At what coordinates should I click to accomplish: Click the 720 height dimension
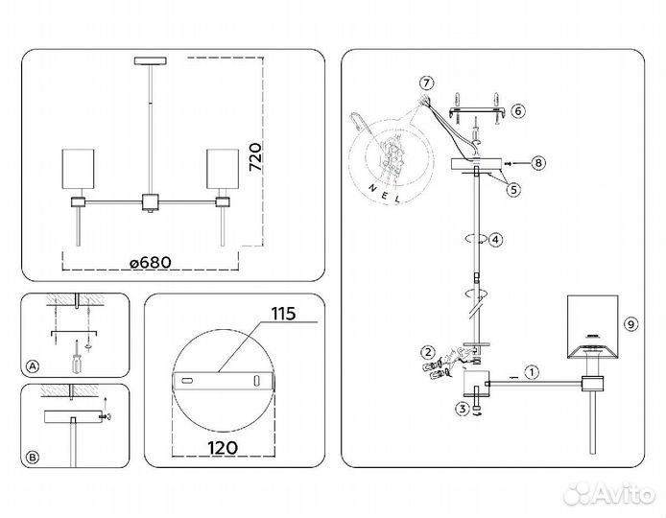255,157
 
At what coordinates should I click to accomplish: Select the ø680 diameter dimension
151,263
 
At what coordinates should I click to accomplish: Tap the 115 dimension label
284,314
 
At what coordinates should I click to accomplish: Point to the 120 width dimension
223,448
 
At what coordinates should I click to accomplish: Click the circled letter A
33,366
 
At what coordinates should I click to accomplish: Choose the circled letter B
33,458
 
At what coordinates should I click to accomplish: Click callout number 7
426,82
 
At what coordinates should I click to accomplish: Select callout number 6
518,111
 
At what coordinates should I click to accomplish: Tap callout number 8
538,163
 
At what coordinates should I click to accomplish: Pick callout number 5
513,189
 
